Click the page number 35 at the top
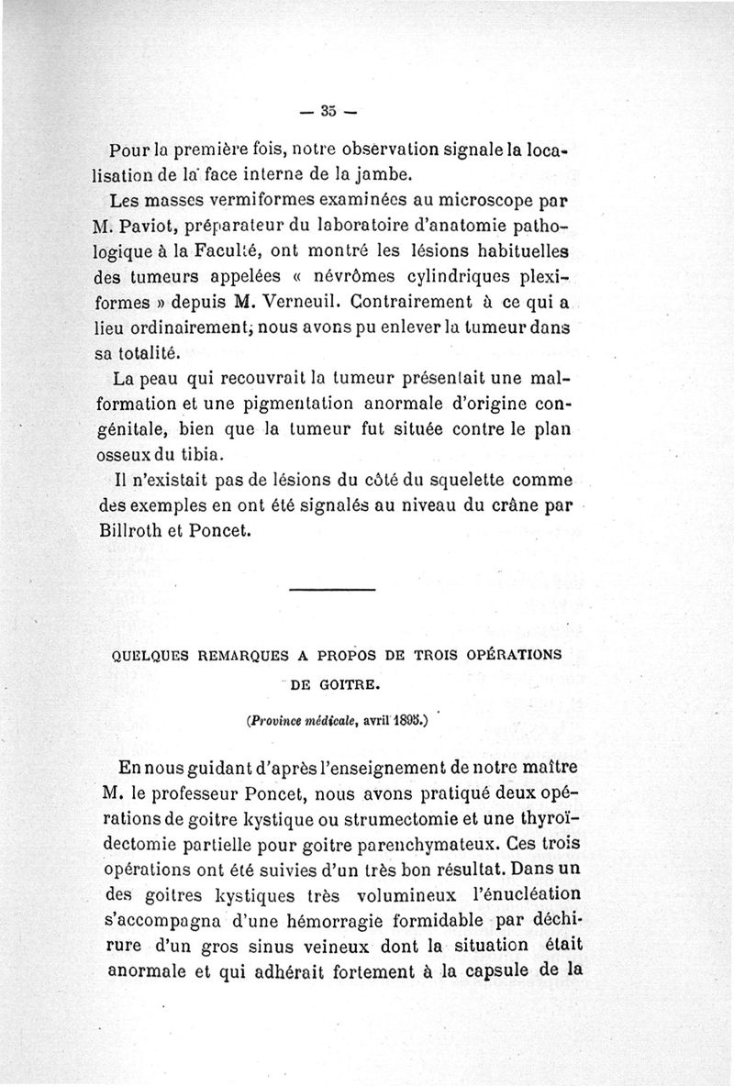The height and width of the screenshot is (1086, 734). (329, 113)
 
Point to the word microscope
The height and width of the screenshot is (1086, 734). (477, 198)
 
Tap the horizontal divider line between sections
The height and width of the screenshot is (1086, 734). (331, 589)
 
